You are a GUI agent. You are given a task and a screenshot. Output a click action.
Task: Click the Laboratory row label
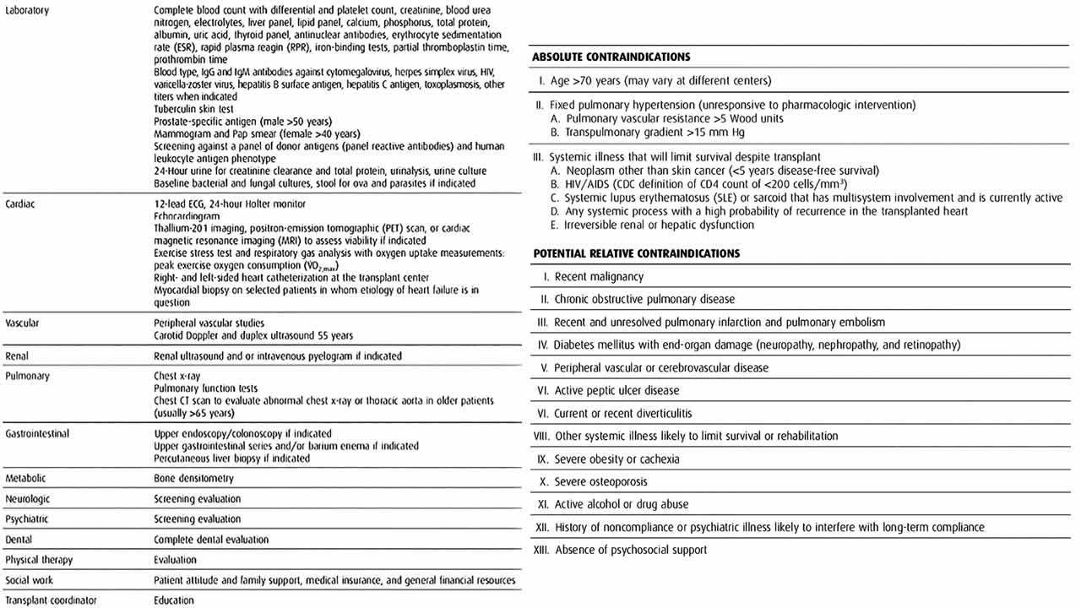click(x=27, y=10)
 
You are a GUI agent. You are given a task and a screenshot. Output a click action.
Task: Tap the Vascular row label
click(x=23, y=323)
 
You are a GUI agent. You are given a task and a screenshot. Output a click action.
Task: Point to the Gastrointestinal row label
click(x=37, y=434)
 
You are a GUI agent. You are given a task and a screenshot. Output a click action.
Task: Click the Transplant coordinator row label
click(x=51, y=600)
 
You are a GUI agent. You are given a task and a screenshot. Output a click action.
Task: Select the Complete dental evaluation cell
click(x=211, y=540)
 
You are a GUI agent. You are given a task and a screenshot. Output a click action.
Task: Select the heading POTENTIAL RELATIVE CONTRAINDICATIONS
click(x=637, y=253)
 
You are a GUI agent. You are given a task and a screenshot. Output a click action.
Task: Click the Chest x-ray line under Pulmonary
click(x=177, y=376)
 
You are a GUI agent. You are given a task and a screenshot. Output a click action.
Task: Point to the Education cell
click(x=174, y=600)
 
